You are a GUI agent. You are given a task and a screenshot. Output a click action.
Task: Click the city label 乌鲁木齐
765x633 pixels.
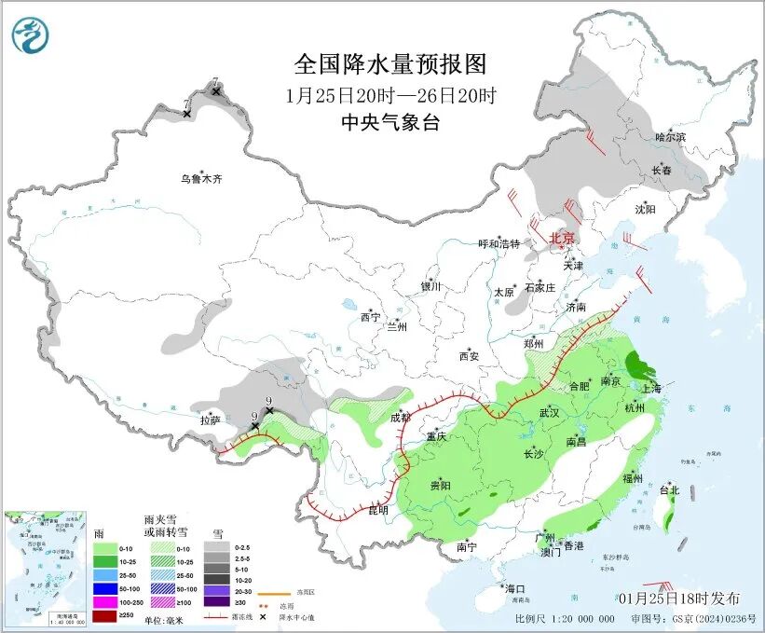pos(202,178)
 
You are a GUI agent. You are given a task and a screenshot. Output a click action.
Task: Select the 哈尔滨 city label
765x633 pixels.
pos(669,137)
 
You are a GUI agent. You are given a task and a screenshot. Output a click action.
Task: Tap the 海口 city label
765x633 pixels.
pos(514,588)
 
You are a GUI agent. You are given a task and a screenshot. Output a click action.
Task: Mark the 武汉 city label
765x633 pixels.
pos(549,412)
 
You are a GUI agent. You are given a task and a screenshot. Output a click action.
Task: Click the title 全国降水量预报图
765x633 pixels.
pos(390,64)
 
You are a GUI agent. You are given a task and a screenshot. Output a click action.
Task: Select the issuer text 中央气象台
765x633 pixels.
pos(390,123)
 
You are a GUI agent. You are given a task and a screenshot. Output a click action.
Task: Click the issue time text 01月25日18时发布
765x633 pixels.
pos(677,598)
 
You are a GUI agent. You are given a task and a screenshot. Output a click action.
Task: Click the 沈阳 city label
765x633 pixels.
pos(646,209)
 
